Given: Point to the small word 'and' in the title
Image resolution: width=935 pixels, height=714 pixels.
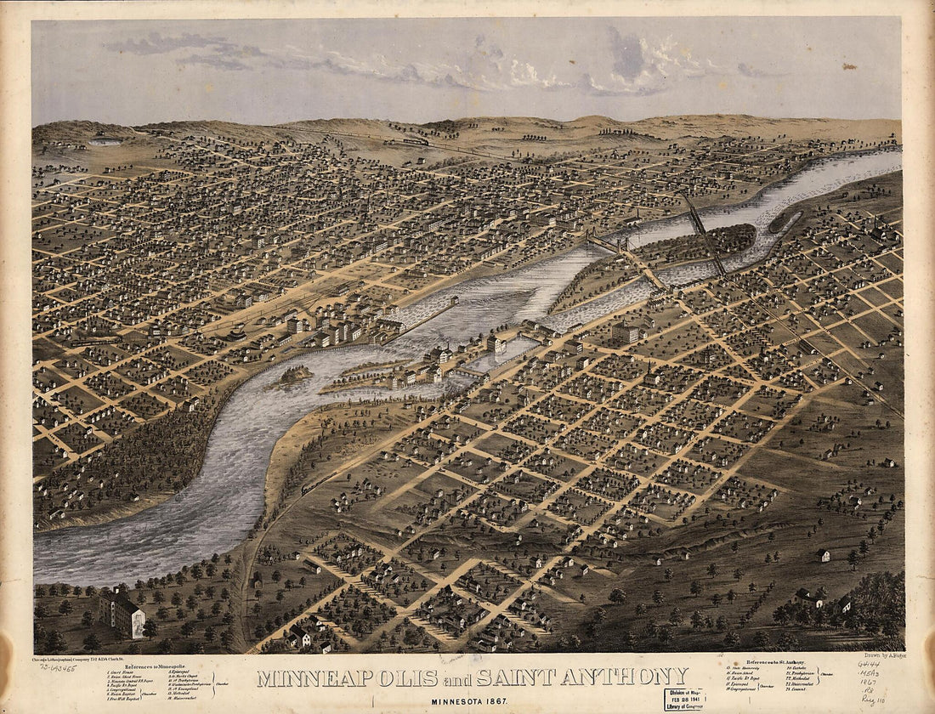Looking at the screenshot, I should click(x=456, y=679).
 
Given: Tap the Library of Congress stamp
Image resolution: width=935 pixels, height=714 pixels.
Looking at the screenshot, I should click(x=685, y=699).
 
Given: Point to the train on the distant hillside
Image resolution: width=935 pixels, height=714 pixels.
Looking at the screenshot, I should click(x=416, y=141).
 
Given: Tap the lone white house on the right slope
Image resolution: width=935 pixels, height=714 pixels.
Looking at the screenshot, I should click(x=824, y=555).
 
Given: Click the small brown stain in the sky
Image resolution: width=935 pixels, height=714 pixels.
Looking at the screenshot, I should click(x=850, y=65).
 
